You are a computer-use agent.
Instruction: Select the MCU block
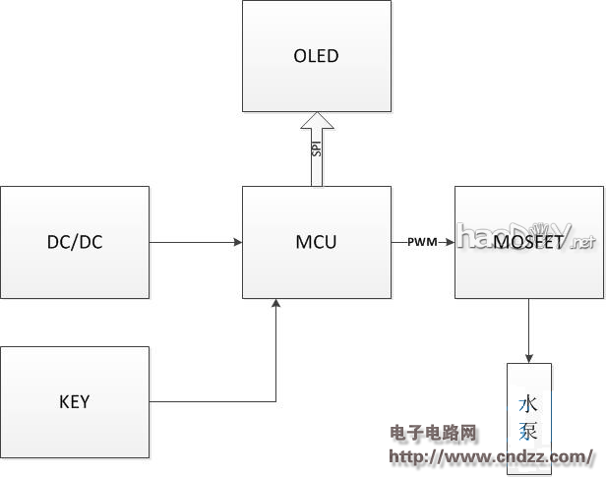316,242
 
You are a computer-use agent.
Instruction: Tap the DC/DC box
75,242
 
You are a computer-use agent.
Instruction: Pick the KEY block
75,401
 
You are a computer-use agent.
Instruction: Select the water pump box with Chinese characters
529,417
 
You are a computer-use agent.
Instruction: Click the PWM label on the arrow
423,242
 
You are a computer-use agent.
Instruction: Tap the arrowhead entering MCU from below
276,304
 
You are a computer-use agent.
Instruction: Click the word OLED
317,55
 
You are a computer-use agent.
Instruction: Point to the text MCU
316,242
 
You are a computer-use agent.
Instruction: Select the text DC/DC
75,242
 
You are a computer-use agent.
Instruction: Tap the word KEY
75,401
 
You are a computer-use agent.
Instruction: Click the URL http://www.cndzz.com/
491,456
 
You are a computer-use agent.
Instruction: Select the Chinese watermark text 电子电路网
433,434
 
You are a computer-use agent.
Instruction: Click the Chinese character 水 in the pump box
529,404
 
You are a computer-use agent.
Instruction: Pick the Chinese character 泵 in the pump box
529,430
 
